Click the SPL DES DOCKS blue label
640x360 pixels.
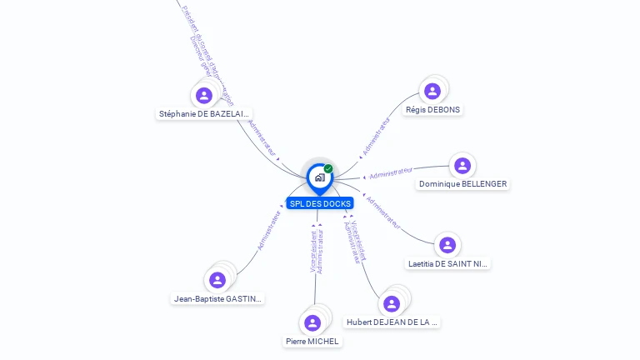pyautogui.click(x=319, y=203)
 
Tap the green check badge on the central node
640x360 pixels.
pyautogui.click(x=328, y=169)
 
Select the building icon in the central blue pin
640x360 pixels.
pyautogui.click(x=319, y=177)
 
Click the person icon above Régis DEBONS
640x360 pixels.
pyautogui.click(x=432, y=91)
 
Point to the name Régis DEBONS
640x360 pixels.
pyautogui.click(x=432, y=109)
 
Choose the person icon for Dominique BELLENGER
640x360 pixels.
pyautogui.click(x=462, y=165)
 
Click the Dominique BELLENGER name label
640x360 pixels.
pyautogui.click(x=462, y=183)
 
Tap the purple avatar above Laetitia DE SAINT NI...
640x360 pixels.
pyautogui.click(x=447, y=245)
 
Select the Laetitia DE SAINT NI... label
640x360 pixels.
pyautogui.click(x=447, y=263)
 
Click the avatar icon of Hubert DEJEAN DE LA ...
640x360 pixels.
pyautogui.click(x=392, y=303)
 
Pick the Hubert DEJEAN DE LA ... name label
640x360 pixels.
pyautogui.click(x=392, y=322)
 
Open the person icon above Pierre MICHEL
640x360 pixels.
pyautogui.click(x=312, y=322)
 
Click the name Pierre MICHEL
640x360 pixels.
pyautogui.click(x=312, y=341)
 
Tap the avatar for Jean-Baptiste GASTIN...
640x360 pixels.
pyautogui.click(x=217, y=280)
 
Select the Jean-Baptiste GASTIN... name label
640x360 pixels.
pyautogui.click(x=217, y=298)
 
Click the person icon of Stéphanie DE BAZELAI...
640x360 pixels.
pyautogui.click(x=204, y=95)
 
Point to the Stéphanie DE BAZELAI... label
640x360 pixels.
pyautogui.click(x=204, y=113)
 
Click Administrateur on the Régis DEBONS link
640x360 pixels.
pyautogui.click(x=376, y=137)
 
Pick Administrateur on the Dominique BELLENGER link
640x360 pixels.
pyautogui.click(x=391, y=172)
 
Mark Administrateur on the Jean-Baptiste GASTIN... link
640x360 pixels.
pyautogui.click(x=269, y=231)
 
